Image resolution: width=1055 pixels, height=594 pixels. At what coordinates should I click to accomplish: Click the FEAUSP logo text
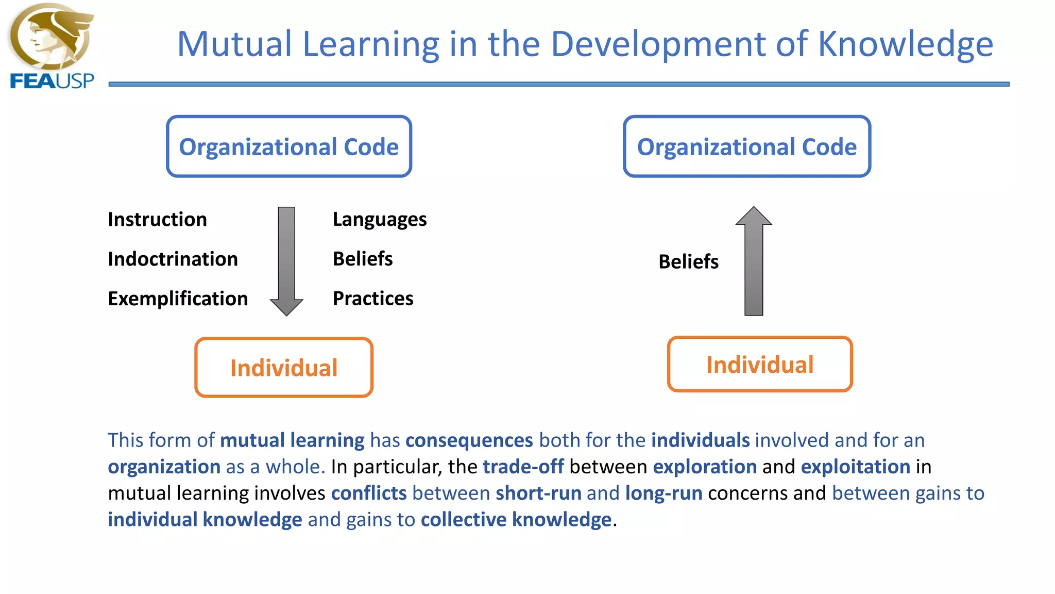coord(52,81)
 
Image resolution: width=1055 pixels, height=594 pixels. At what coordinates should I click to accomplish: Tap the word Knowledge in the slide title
coord(905,44)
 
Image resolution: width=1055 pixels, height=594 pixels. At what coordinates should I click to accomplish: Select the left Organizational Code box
coord(289,146)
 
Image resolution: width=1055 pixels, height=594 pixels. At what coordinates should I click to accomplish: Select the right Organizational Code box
coord(746,146)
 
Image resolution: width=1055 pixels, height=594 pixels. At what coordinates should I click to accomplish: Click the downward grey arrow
coord(286,260)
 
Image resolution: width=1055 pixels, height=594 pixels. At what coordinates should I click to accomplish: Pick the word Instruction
coord(157,220)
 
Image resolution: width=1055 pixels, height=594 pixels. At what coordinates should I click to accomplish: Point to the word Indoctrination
coord(173,259)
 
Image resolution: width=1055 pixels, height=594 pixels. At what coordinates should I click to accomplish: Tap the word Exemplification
coord(178,299)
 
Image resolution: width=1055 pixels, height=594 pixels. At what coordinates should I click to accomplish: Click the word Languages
coord(380,220)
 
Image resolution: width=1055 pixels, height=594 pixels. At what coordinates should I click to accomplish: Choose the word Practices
coord(373,299)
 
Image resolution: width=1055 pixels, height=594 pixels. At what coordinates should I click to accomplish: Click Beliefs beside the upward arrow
coord(688,262)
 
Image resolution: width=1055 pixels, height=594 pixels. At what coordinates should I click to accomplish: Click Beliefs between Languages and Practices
coord(363,259)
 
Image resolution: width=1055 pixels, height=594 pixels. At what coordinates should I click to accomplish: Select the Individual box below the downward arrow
coord(284,368)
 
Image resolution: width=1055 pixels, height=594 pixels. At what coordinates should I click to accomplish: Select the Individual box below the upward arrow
coord(760,365)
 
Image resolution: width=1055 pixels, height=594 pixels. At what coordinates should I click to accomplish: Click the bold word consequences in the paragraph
coord(469,440)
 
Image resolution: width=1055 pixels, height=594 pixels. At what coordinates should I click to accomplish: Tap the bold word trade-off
coord(523,467)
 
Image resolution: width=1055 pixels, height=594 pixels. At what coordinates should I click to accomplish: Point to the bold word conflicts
coord(368,493)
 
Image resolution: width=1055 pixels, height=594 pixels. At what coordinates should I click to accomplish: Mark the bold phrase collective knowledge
coord(516,520)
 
